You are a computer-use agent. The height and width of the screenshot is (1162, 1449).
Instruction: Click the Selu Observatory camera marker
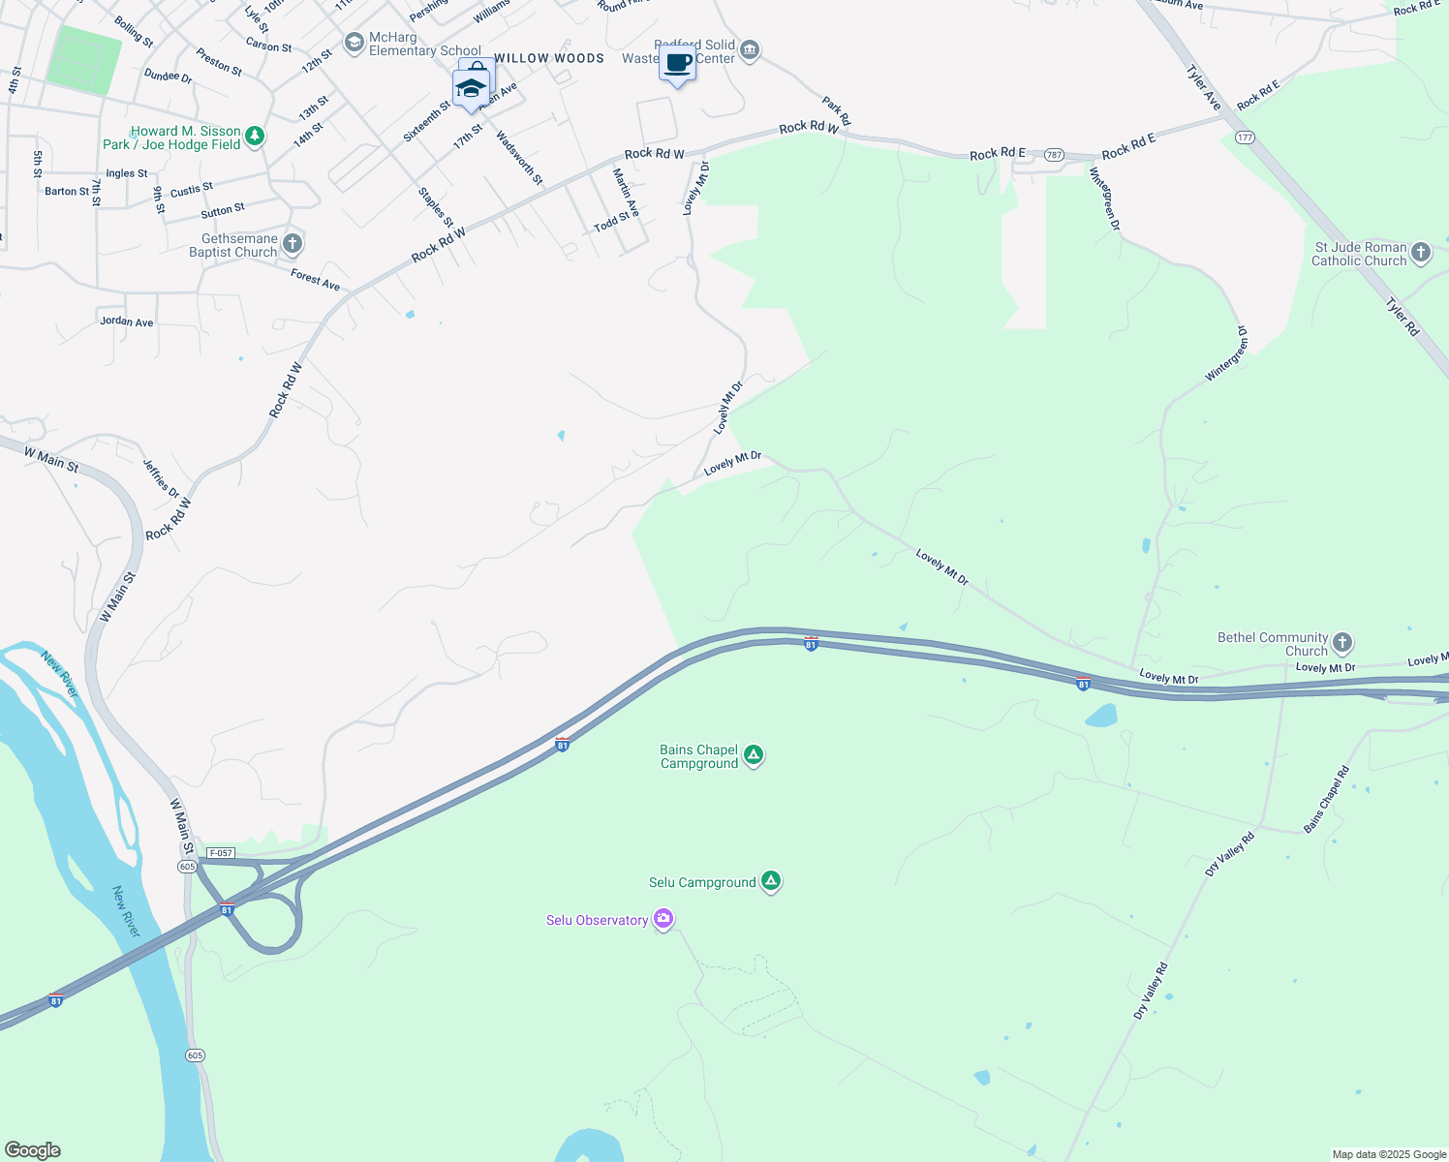663,919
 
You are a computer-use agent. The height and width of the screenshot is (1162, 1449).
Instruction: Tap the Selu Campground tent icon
771,881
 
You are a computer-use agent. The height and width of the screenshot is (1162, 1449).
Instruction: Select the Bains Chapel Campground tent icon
754,755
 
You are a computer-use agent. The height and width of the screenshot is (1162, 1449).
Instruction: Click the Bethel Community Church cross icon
1342,642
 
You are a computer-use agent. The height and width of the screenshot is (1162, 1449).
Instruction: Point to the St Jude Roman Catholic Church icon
1421,253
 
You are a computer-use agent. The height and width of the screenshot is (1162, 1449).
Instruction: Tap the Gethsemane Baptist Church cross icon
293,243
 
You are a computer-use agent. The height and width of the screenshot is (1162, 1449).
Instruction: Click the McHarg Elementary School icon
355,43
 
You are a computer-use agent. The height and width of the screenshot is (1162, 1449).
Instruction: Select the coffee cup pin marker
678,64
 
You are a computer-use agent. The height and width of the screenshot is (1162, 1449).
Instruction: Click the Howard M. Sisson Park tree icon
255,137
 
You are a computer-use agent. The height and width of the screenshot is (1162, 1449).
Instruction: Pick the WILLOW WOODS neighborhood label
549,58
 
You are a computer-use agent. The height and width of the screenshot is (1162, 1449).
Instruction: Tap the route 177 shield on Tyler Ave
1245,138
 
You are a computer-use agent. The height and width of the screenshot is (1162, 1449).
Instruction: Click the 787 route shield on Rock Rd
1055,155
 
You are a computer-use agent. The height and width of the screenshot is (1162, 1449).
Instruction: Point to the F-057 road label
221,853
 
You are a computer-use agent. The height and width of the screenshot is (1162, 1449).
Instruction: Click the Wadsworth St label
520,158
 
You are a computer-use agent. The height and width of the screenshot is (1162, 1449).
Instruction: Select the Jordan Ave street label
127,321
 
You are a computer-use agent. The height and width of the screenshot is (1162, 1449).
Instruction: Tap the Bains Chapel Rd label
1327,800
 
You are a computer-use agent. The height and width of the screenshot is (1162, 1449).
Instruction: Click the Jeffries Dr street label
162,478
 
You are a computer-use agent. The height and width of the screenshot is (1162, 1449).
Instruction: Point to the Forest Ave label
315,280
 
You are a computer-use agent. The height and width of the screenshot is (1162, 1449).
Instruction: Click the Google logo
32,1150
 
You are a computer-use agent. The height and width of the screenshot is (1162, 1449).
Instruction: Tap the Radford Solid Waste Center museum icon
750,50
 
